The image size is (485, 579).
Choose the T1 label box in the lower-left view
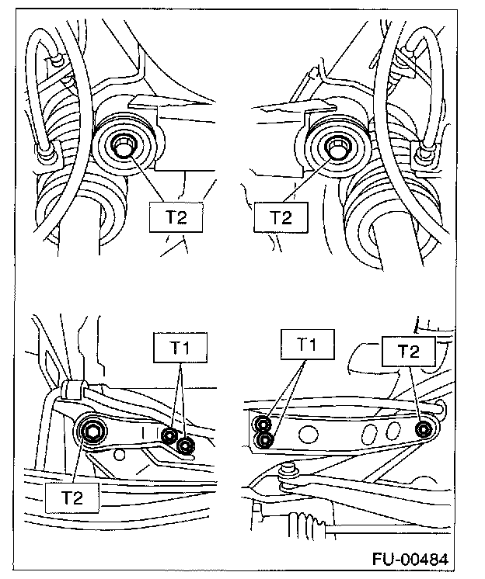[180, 349]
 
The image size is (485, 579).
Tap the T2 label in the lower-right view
[406, 352]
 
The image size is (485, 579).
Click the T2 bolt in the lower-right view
[424, 429]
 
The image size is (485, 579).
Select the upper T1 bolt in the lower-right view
[264, 425]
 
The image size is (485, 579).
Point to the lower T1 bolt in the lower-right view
[265, 440]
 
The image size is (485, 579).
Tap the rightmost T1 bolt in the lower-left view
[186, 446]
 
